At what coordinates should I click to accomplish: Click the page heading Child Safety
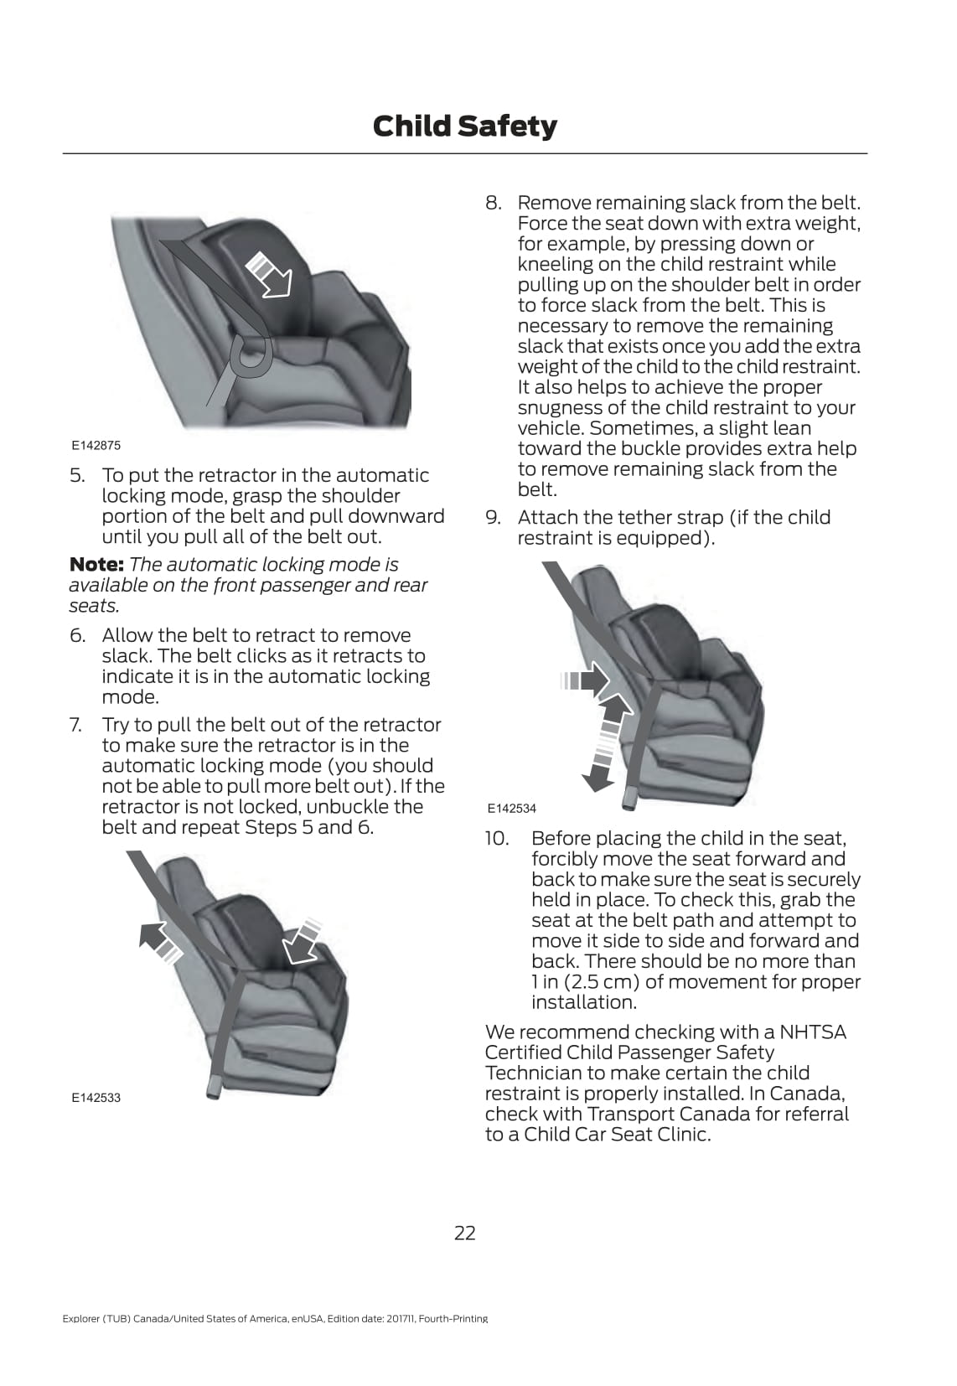pyautogui.click(x=464, y=126)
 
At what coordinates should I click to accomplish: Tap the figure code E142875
pyautogui.click(x=96, y=445)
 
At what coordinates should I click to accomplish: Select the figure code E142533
pyautogui.click(x=96, y=1098)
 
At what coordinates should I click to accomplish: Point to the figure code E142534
pyautogui.click(x=512, y=809)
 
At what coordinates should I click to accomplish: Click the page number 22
pyautogui.click(x=464, y=1233)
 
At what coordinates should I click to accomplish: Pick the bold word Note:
pyautogui.click(x=96, y=565)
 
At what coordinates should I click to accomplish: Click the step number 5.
pyautogui.click(x=77, y=476)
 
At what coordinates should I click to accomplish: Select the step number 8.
pyautogui.click(x=493, y=204)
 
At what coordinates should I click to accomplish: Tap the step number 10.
pyautogui.click(x=496, y=839)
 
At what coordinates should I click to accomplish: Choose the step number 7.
pyautogui.click(x=75, y=725)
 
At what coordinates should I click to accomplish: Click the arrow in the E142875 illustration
pyautogui.click(x=269, y=274)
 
